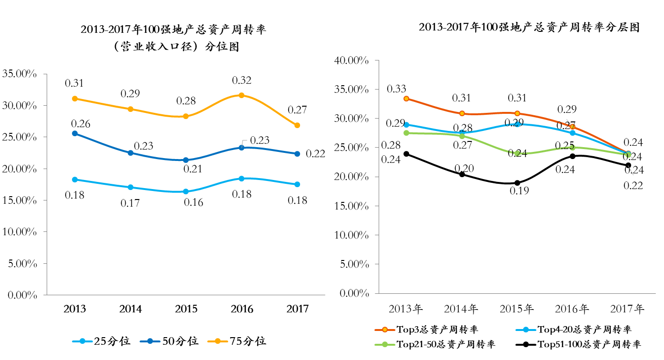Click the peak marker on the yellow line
(x=241, y=95)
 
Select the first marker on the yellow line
(x=75, y=99)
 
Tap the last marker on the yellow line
(x=297, y=125)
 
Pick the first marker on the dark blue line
(x=75, y=133)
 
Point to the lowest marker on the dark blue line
(x=186, y=160)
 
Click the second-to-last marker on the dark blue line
(x=241, y=148)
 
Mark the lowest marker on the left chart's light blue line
(x=186, y=191)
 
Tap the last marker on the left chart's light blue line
(x=297, y=184)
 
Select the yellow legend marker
(x=218, y=341)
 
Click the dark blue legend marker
(x=150, y=341)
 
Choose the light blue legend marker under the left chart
(x=82, y=341)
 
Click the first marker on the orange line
(x=406, y=99)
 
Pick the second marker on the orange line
(x=462, y=113)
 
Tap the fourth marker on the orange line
(x=573, y=127)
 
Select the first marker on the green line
(x=406, y=133)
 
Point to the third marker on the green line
(x=517, y=153)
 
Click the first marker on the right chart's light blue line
(x=406, y=125)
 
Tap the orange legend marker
(x=385, y=330)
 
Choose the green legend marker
(x=385, y=344)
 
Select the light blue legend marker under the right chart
(x=526, y=330)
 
